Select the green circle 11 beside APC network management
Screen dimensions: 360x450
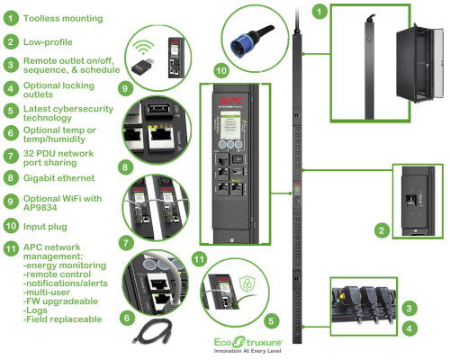tap(10, 247)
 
